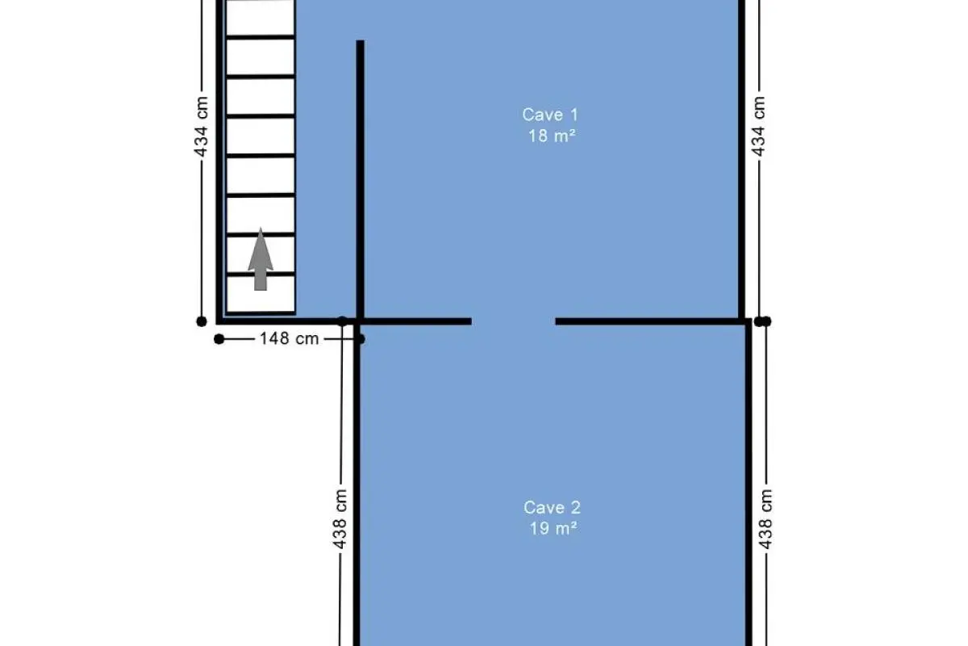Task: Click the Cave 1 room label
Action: (x=549, y=115)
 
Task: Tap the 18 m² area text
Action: (x=552, y=136)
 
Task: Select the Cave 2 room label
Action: (x=552, y=508)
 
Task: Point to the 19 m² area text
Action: (x=553, y=528)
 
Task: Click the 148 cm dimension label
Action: (x=289, y=339)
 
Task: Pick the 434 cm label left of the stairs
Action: (x=202, y=126)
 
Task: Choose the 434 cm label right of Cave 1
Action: (x=758, y=126)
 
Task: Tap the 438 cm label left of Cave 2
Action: (x=340, y=519)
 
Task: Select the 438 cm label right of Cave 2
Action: (x=766, y=519)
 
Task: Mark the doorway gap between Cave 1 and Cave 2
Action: (x=513, y=321)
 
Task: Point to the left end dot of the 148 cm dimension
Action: (x=219, y=339)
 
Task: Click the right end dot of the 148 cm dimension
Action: (x=361, y=339)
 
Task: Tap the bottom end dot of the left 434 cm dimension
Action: (x=202, y=321)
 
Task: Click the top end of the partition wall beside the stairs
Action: (x=360, y=40)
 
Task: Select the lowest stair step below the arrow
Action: (x=261, y=294)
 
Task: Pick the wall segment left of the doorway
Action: (x=415, y=321)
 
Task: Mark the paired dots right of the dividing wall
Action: (x=763, y=321)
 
